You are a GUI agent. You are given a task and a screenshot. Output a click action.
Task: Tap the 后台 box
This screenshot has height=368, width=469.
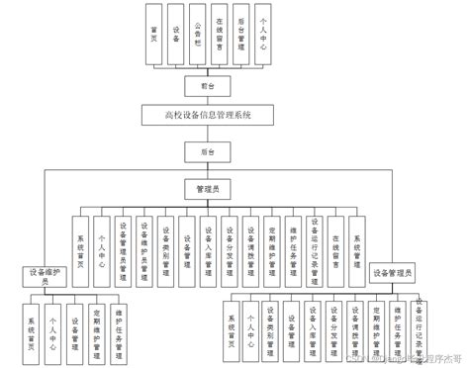[x=207, y=150]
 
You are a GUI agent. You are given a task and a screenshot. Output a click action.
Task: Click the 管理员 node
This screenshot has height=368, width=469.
[x=207, y=187]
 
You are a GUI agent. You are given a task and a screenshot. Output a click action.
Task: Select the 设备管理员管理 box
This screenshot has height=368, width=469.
[x=123, y=242]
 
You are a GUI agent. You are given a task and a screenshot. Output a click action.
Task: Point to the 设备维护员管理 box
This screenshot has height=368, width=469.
[x=144, y=242]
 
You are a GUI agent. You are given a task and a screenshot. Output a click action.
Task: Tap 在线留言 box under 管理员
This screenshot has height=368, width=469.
[x=336, y=242]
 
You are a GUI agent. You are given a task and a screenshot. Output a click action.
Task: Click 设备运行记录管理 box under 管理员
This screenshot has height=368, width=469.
[x=315, y=242]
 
